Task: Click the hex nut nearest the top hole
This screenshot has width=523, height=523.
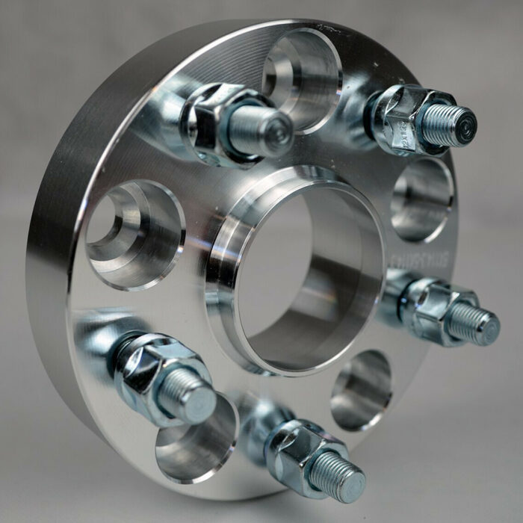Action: [x=213, y=120]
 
